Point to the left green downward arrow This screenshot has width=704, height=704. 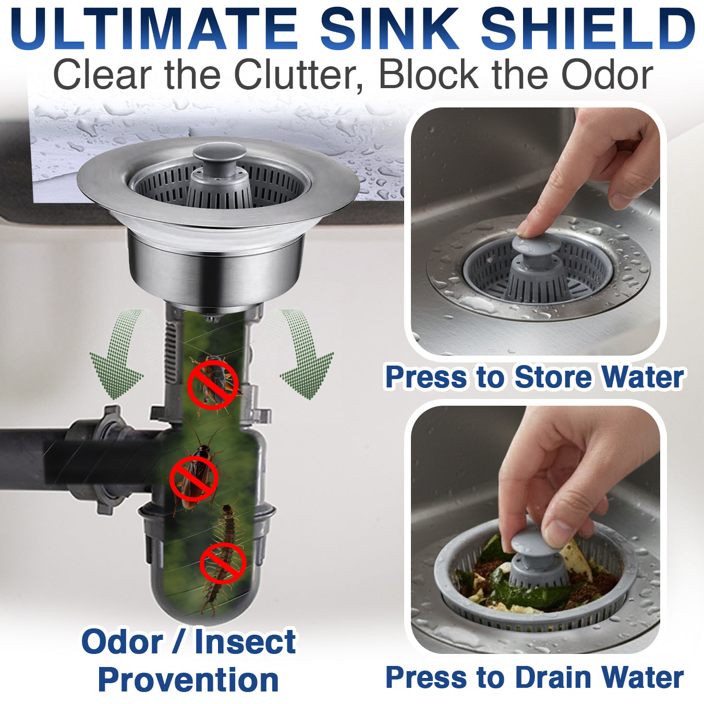click(x=117, y=355)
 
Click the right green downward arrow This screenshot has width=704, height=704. click(x=305, y=355)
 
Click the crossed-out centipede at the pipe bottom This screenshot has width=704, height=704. click(x=223, y=561)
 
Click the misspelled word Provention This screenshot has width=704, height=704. click(x=188, y=680)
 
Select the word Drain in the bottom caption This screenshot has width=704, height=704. click(x=554, y=677)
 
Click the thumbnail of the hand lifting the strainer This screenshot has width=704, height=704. click(x=536, y=529)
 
